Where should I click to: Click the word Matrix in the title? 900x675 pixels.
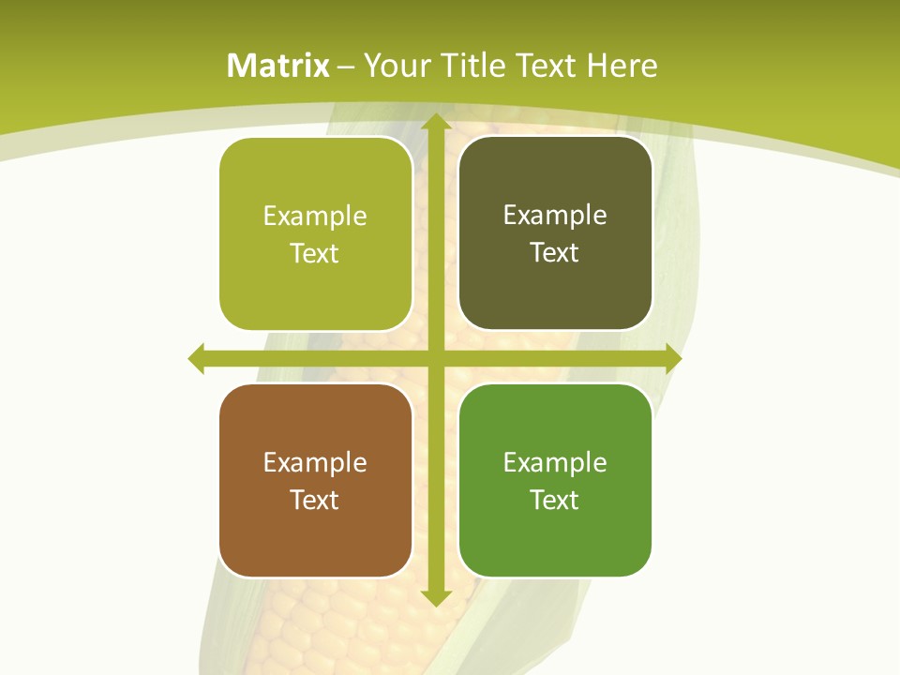pyautogui.click(x=278, y=66)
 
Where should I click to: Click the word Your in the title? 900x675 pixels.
pyautogui.click(x=397, y=66)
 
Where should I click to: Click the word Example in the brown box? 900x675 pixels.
pyautogui.click(x=315, y=462)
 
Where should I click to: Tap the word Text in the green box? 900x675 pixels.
pyautogui.click(x=555, y=500)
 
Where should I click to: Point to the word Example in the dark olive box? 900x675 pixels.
pyautogui.click(x=555, y=215)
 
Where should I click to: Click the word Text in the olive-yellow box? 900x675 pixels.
pyautogui.click(x=315, y=253)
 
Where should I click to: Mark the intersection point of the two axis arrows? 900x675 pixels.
pyautogui.click(x=435, y=358)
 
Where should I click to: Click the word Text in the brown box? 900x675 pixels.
pyautogui.click(x=315, y=500)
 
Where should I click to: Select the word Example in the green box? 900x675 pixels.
pyautogui.click(x=555, y=462)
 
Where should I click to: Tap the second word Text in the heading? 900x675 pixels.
pyautogui.click(x=546, y=66)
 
